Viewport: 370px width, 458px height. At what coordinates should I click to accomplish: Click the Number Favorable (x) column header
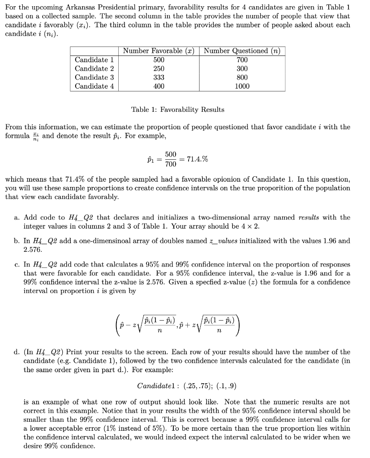pyautogui.click(x=159, y=51)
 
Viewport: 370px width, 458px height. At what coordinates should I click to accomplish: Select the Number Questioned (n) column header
pyautogui.click(x=242, y=51)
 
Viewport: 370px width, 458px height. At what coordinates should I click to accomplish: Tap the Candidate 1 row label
pyautogui.click(x=95, y=60)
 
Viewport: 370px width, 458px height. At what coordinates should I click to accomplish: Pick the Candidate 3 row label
pyautogui.click(x=95, y=77)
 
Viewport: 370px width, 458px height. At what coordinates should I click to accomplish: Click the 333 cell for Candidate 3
pyautogui.click(x=159, y=77)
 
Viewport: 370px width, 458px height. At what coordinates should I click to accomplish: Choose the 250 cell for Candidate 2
pyautogui.click(x=159, y=68)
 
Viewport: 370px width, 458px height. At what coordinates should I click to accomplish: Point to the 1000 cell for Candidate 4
pyautogui.click(x=242, y=86)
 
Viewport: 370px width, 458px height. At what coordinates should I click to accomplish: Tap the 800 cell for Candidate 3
pyautogui.click(x=242, y=77)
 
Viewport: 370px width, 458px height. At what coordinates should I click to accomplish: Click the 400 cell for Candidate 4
pyautogui.click(x=159, y=86)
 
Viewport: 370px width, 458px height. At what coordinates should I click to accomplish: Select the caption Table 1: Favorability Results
pyautogui.click(x=178, y=110)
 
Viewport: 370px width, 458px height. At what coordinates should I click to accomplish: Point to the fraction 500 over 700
pyautogui.click(x=170, y=159)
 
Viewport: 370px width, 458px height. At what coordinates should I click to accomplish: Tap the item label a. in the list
pyautogui.click(x=17, y=217)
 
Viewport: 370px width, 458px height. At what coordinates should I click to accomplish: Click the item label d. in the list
pyautogui.click(x=17, y=352)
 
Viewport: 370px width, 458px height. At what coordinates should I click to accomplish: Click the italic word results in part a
pyautogui.click(x=309, y=217)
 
